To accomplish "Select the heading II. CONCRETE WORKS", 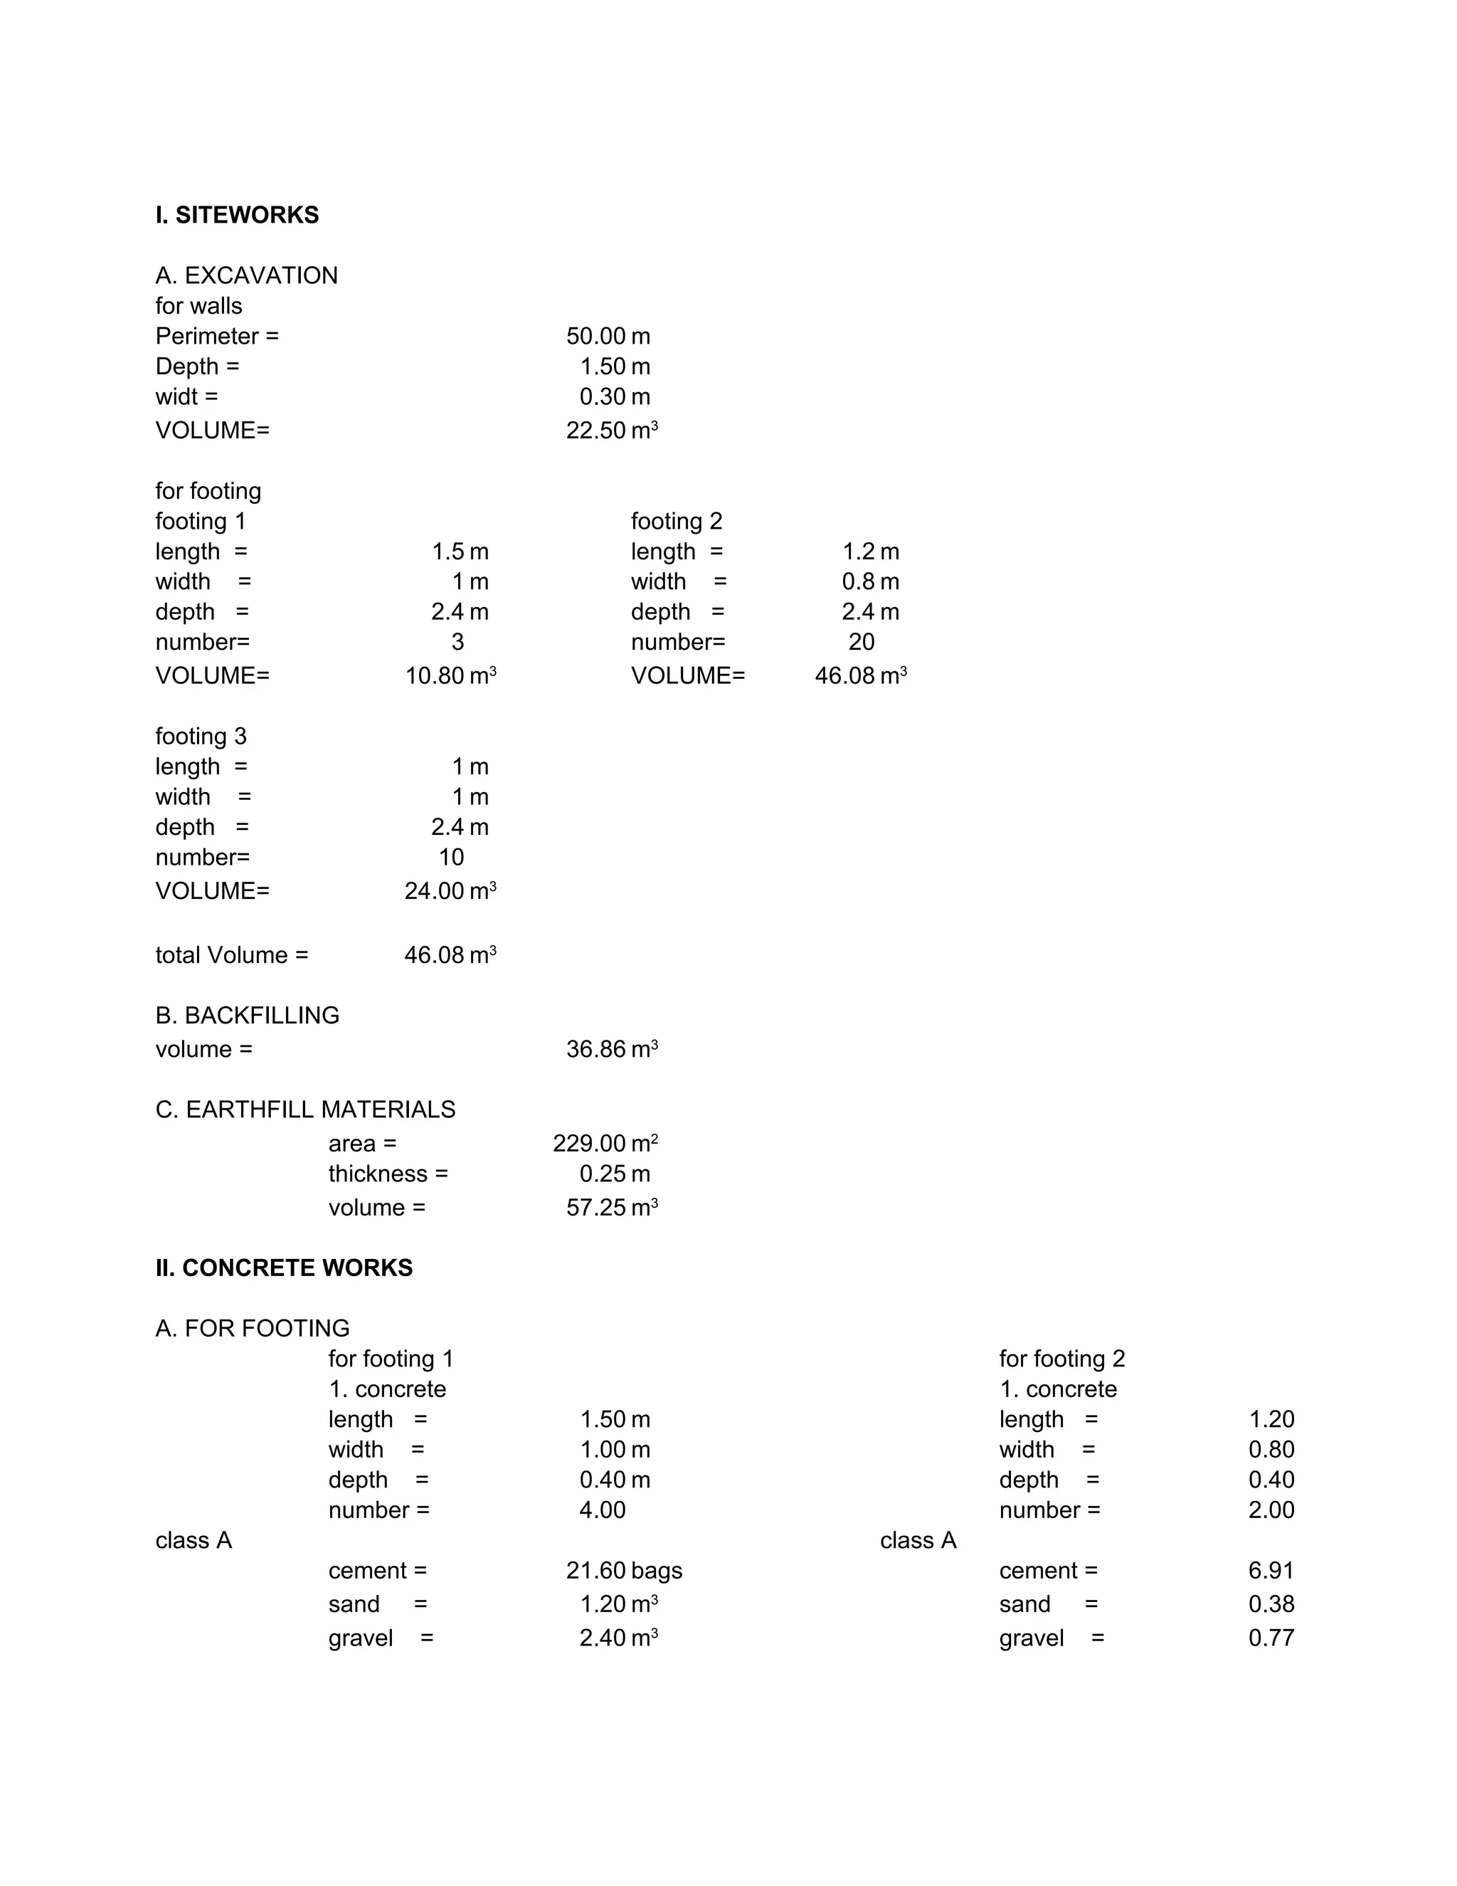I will click(284, 1268).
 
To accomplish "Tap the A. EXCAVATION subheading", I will click(246, 275).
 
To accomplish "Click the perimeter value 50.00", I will click(595, 336).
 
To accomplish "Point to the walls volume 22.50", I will click(595, 430).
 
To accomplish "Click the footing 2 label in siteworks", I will click(676, 521).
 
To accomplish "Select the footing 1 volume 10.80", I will click(435, 675).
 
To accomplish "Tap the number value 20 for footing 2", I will click(861, 642).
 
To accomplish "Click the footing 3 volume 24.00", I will click(435, 890).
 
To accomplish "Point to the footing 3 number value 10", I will click(450, 857).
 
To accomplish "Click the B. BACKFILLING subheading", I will click(247, 1016).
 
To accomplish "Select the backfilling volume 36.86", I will click(595, 1049).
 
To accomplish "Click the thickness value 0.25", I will click(603, 1174).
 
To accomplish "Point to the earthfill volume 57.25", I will click(595, 1207).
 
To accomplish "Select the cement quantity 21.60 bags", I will click(623, 1570).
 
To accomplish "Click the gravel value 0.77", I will click(1271, 1638).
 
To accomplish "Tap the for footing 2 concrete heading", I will click(1061, 1359).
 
